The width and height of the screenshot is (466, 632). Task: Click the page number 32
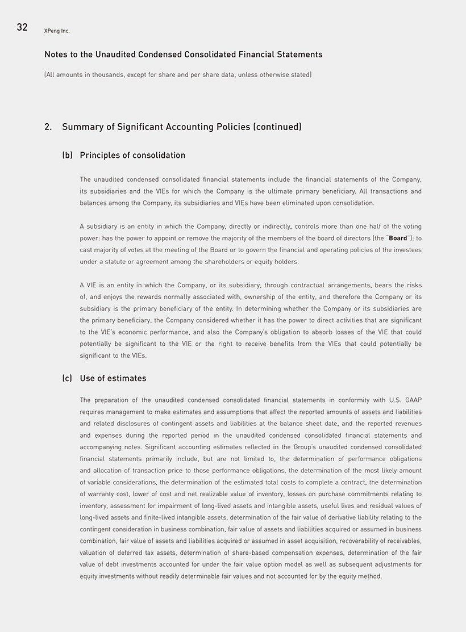point(22,27)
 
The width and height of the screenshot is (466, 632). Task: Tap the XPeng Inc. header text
point(57,31)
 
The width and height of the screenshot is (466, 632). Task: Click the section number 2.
point(48,127)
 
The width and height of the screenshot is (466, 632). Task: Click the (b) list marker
point(67,156)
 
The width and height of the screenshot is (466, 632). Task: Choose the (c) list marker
point(67,379)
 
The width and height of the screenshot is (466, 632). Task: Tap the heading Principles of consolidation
point(132,156)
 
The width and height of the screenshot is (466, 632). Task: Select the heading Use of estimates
point(113,379)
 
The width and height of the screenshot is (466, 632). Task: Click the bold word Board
point(398,238)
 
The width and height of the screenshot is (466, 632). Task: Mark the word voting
point(410,227)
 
